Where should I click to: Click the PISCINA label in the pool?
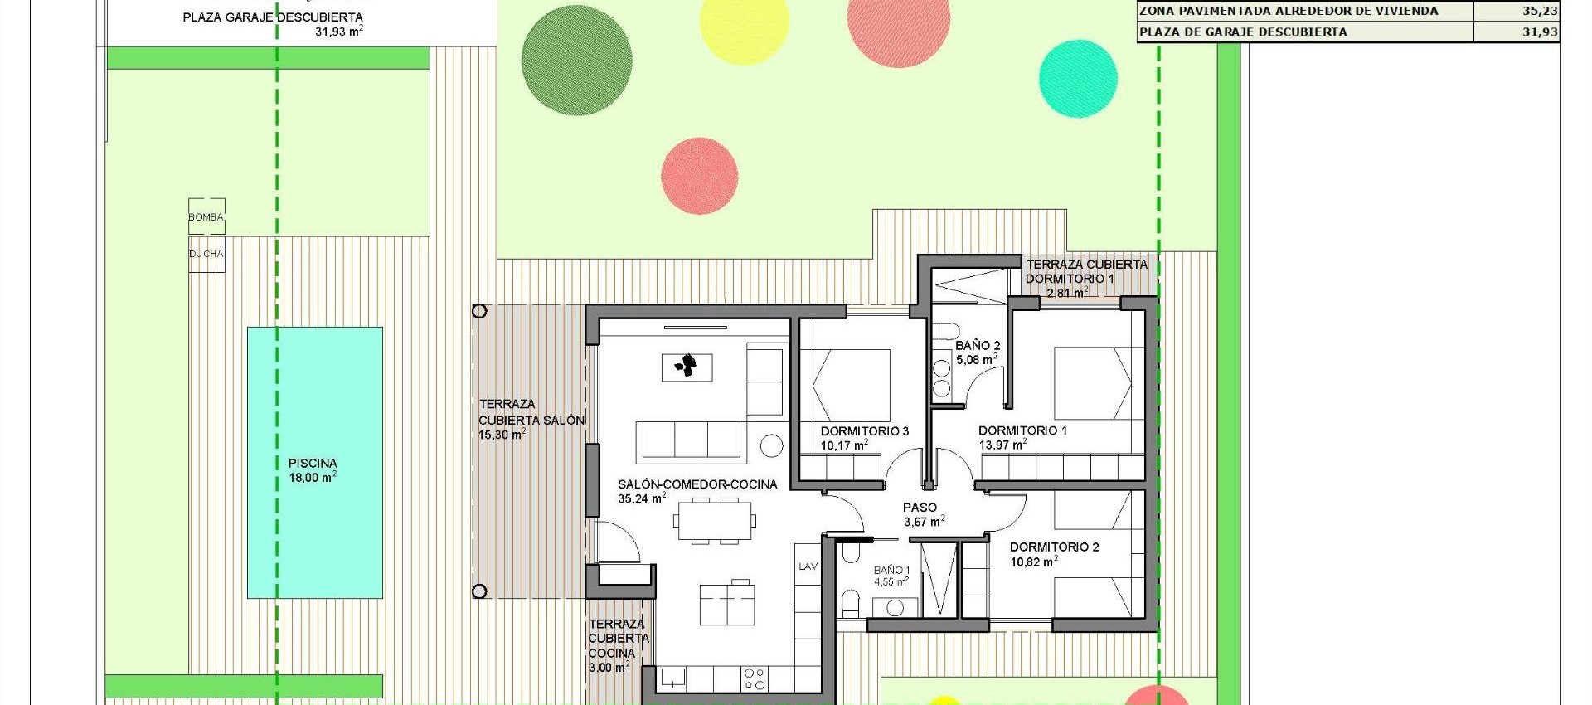click(313, 464)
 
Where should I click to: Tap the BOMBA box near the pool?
click(206, 217)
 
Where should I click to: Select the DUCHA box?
click(206, 254)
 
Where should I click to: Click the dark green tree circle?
click(577, 63)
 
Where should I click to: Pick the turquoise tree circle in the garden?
click(1078, 79)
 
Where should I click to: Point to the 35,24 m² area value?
click(642, 499)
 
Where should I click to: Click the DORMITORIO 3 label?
click(865, 431)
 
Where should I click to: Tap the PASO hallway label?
click(920, 508)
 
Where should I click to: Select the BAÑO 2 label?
click(978, 346)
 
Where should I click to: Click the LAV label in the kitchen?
click(808, 566)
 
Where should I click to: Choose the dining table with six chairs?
click(715, 521)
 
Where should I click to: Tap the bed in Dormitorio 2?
click(1091, 595)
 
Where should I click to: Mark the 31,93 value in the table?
click(1540, 32)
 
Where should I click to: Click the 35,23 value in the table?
click(1540, 12)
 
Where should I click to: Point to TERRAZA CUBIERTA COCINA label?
click(618, 639)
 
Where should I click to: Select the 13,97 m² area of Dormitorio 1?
click(1002, 445)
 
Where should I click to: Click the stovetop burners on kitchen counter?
click(755, 679)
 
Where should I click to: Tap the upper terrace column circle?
click(479, 312)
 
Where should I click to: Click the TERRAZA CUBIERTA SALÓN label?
click(531, 412)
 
